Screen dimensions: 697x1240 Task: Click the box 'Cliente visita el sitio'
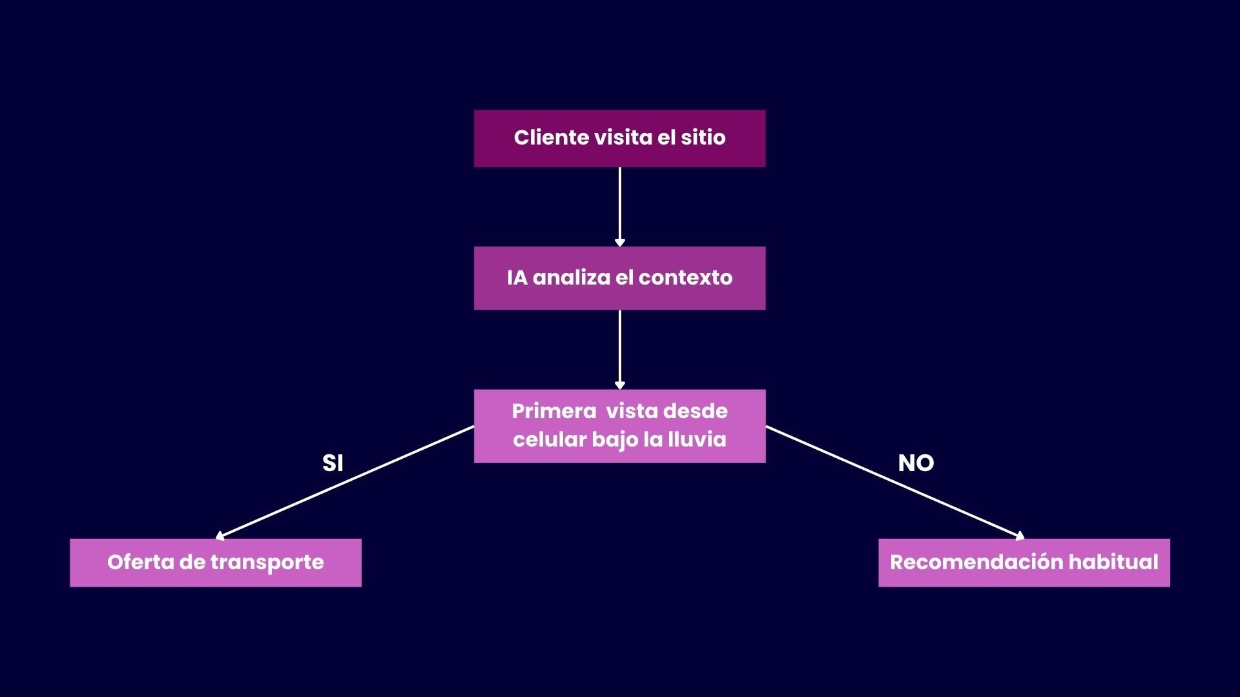pyautogui.click(x=619, y=139)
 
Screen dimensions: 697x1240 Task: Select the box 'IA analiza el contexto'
pyautogui.click(x=619, y=278)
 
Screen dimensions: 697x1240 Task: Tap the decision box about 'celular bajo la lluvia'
pyautogui.click(x=619, y=426)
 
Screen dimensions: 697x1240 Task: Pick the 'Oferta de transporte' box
pyautogui.click(x=215, y=563)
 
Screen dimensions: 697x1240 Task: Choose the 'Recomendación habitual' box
pyautogui.click(x=1024, y=563)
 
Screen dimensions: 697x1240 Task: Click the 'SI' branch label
pyautogui.click(x=333, y=463)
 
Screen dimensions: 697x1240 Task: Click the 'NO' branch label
pyautogui.click(x=916, y=463)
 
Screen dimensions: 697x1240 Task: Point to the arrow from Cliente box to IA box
pyautogui.click(x=620, y=207)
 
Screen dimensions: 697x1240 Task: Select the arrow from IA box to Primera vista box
pyautogui.click(x=620, y=348)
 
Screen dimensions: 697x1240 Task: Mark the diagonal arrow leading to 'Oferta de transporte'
pyautogui.click(x=346, y=482)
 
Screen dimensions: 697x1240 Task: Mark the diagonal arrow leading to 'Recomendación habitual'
pyautogui.click(x=894, y=482)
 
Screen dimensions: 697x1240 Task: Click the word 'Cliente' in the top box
pyautogui.click(x=551, y=137)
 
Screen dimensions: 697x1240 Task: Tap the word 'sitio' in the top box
pyautogui.click(x=703, y=137)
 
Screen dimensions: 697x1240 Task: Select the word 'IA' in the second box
pyautogui.click(x=517, y=278)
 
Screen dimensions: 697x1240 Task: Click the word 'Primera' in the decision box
pyautogui.click(x=554, y=411)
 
